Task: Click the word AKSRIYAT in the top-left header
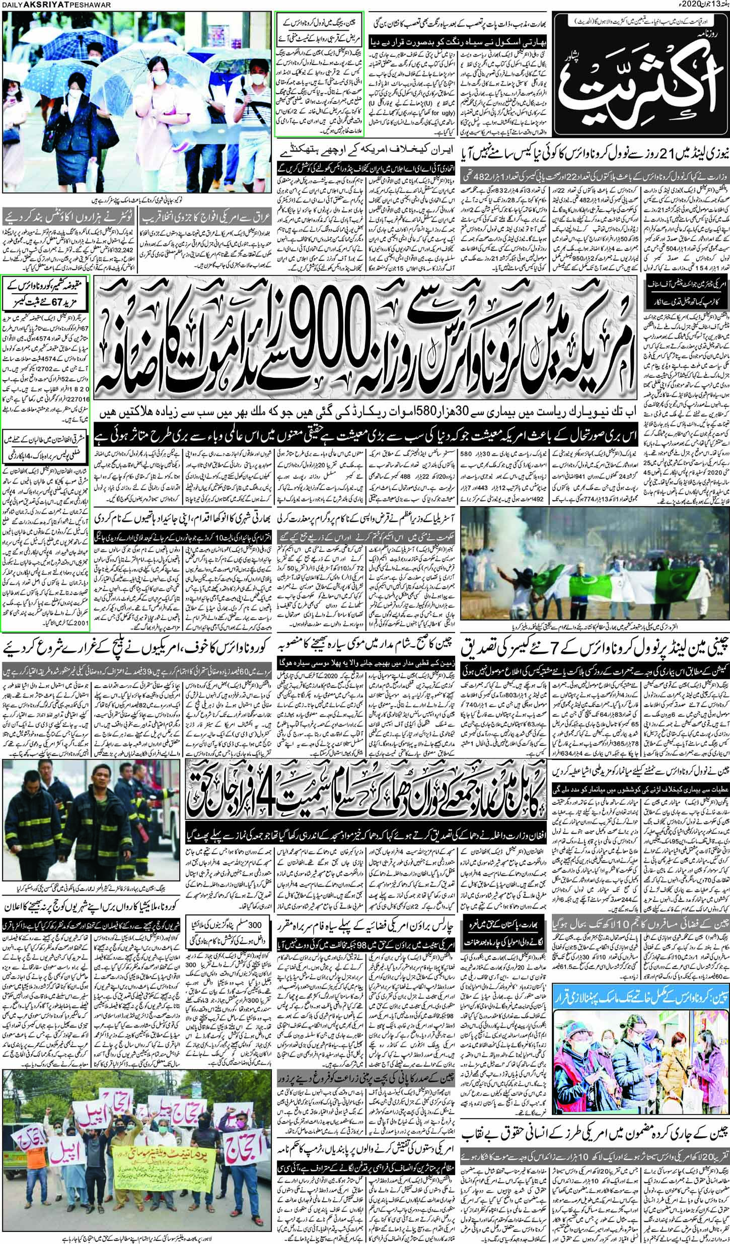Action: point(37,4)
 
